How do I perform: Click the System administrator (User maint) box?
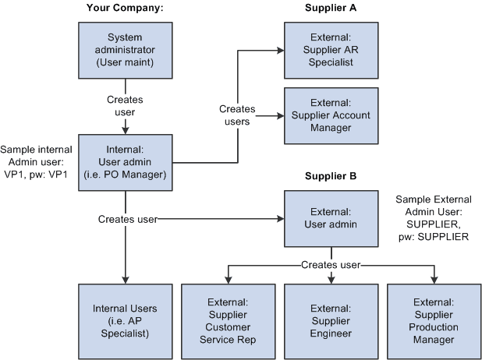tap(125, 50)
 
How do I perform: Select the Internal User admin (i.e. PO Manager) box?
tap(125, 162)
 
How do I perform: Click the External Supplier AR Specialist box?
tap(331, 50)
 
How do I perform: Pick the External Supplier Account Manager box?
tap(331, 116)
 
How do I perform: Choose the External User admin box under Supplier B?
tap(331, 220)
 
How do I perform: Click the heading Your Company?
tap(125, 9)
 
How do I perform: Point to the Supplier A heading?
tap(331, 9)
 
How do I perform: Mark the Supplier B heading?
tap(331, 177)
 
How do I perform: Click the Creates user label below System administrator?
tap(125, 106)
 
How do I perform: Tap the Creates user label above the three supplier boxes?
tap(331, 265)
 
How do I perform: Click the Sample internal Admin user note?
tap(37, 162)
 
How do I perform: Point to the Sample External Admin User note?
tap(433, 218)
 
